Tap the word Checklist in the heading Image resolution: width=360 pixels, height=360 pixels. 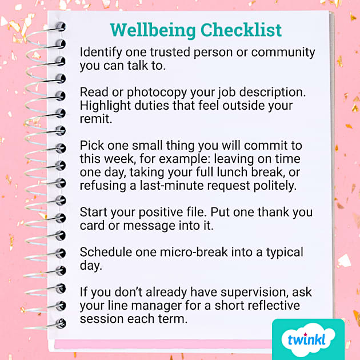(x=241, y=30)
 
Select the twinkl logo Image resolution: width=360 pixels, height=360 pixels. (x=308, y=339)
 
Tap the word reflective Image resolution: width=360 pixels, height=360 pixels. (x=275, y=306)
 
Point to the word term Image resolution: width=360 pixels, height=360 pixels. (x=174, y=319)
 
